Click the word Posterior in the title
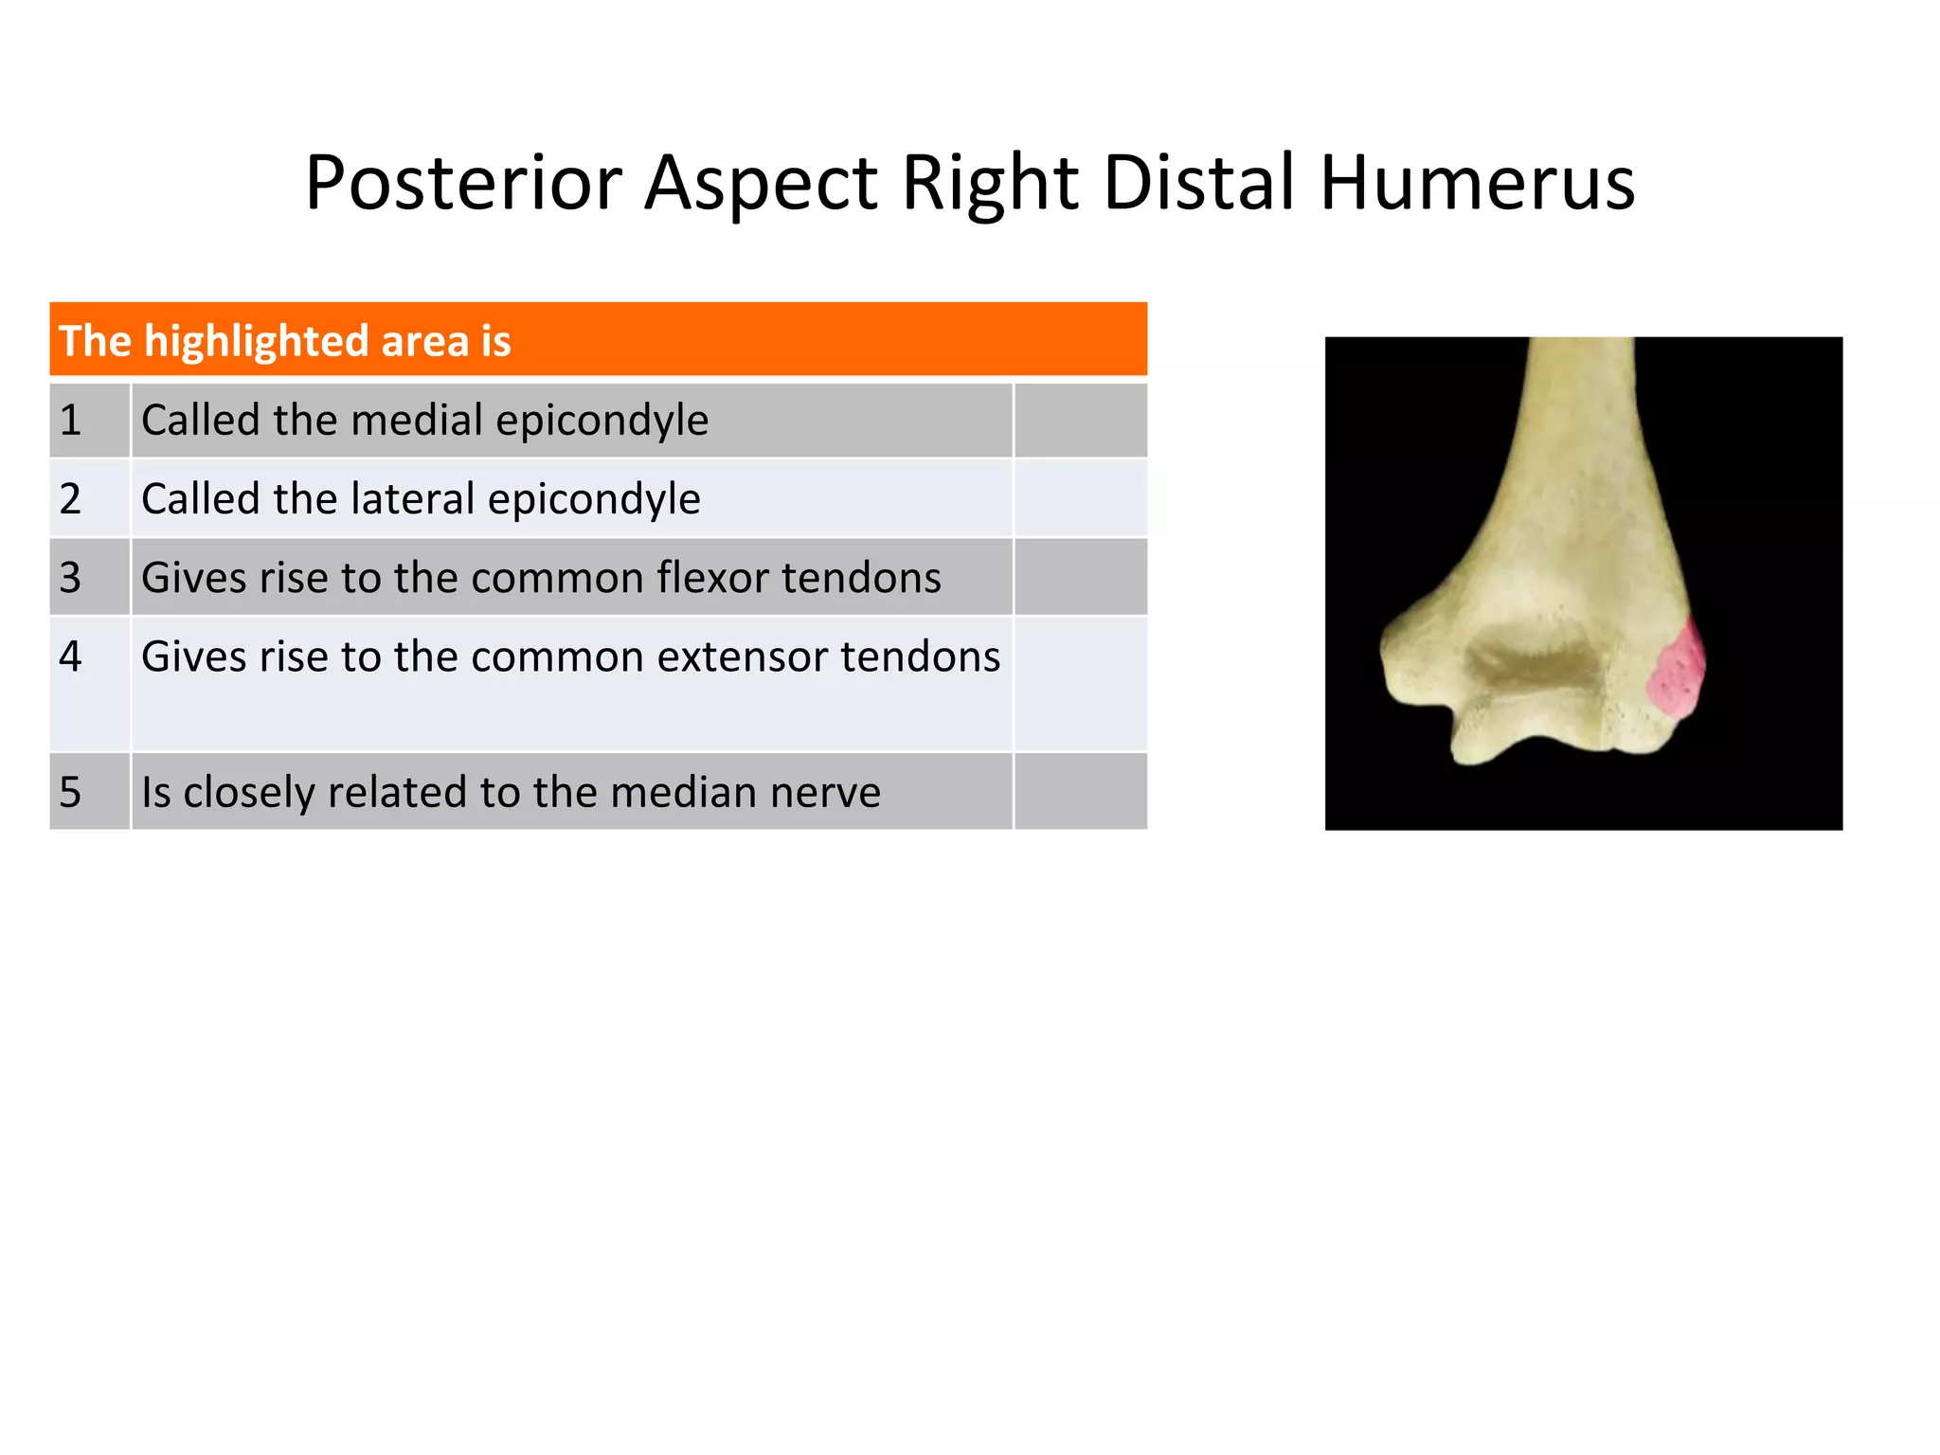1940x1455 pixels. click(463, 183)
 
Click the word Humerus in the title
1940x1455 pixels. click(1477, 183)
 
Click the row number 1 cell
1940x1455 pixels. click(89, 420)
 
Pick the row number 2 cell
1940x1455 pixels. click(89, 498)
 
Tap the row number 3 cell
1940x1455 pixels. click(89, 577)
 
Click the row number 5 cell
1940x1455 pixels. click(89, 792)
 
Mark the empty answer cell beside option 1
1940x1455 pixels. click(1080, 420)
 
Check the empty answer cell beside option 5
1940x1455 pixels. click(1080, 792)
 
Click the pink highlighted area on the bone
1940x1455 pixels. click(1678, 673)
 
